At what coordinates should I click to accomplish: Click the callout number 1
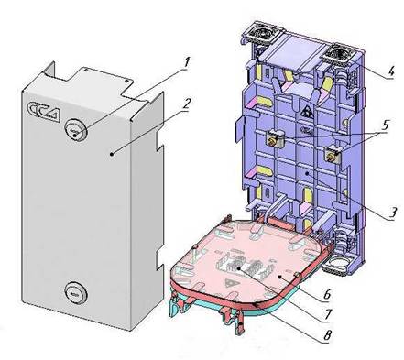187,63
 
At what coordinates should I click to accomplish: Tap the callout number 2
186,104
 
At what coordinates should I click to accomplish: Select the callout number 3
392,212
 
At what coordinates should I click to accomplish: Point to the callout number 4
390,72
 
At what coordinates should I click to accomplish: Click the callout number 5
385,125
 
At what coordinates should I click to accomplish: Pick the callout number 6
327,295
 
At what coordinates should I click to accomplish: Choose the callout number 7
327,313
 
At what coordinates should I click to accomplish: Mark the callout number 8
327,335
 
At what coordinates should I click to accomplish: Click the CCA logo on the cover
44,111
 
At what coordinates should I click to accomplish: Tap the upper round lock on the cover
76,130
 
